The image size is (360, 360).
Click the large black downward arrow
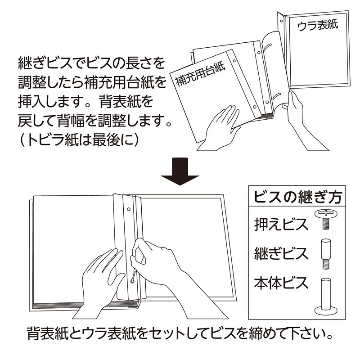coord(180,171)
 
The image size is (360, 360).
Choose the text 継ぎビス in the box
coord(281,253)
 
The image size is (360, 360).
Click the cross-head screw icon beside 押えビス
coord(326,219)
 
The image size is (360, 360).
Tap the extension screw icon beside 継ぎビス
coord(325,254)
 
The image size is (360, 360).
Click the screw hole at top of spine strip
coord(129,209)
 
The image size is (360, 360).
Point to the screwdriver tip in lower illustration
coord(132,280)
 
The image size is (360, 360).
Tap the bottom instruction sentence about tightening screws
coord(180,333)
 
